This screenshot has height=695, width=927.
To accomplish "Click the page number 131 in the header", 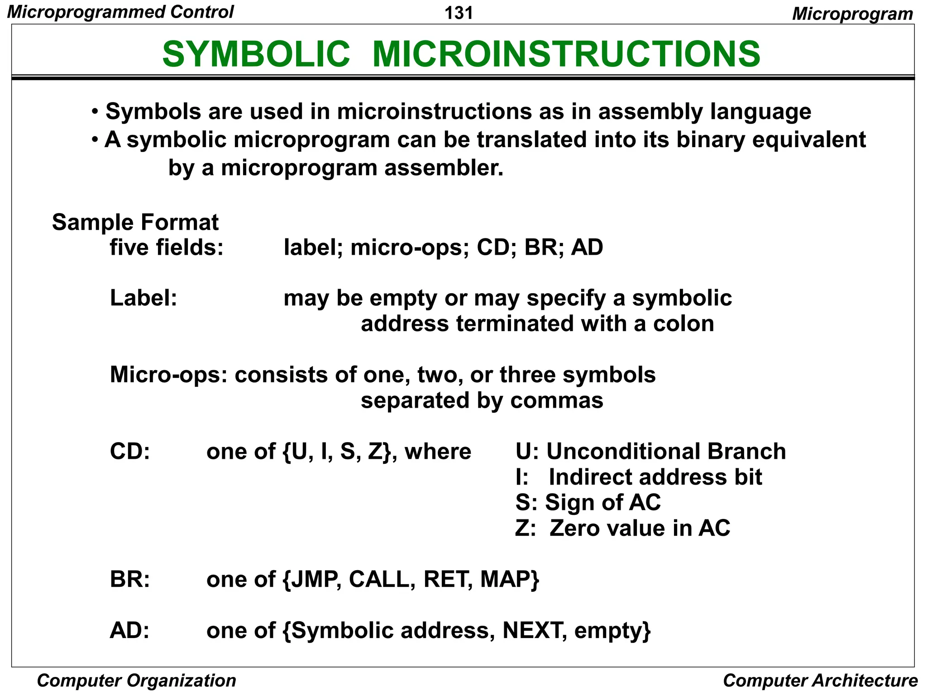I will tap(459, 13).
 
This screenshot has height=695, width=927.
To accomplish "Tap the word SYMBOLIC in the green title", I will tap(256, 54).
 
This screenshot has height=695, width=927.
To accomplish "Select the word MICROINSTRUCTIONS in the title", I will tap(566, 54).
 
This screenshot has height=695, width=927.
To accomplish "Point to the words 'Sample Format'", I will tap(135, 222).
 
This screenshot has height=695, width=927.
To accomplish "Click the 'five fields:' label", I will tap(167, 248).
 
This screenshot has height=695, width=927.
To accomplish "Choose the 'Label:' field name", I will tap(143, 298).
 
